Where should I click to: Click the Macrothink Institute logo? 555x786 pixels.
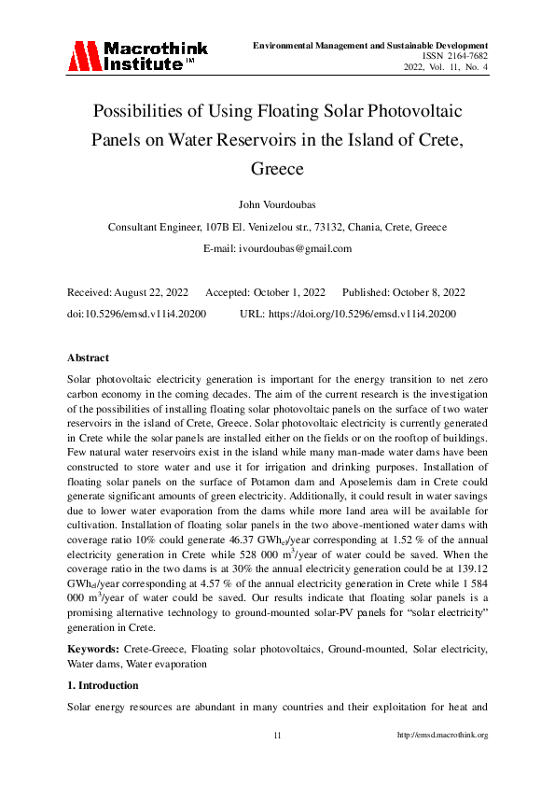pos(137,55)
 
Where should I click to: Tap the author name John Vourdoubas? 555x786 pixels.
pos(277,205)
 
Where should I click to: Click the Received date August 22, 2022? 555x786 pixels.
pos(151,291)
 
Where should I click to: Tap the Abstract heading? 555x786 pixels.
pos(88,358)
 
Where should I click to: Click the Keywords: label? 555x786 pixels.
pos(94,647)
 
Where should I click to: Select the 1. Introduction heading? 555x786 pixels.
pos(104,685)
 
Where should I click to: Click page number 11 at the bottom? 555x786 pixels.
pos(277,735)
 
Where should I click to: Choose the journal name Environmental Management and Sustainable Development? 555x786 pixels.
pos(370,45)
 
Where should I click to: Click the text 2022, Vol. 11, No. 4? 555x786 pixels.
pos(446,66)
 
